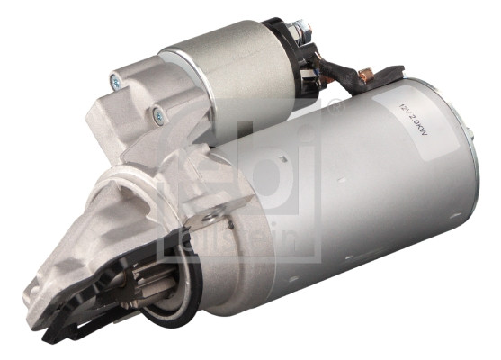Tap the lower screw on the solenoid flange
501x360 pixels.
click(159, 113)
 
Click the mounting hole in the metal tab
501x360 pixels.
click(212, 216)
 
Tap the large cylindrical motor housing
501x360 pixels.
click(378, 198)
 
